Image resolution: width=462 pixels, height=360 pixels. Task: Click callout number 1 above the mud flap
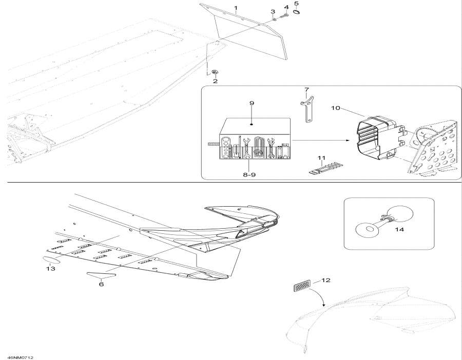point(236,8)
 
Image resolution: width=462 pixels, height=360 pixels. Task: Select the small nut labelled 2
point(215,72)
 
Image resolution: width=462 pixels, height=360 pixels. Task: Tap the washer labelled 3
point(274,19)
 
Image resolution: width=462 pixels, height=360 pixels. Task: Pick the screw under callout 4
point(284,15)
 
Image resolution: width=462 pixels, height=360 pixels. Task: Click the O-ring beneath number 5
point(297,12)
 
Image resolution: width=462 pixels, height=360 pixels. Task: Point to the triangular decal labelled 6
point(101,275)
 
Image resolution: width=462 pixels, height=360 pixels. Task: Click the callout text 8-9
point(249,174)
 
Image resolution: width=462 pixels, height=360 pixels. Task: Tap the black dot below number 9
point(252,125)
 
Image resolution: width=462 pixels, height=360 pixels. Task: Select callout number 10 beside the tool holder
point(335,108)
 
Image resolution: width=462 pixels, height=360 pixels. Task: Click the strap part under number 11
point(325,167)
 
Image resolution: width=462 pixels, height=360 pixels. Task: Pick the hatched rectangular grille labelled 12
point(302,285)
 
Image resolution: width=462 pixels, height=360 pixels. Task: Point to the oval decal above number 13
point(52,259)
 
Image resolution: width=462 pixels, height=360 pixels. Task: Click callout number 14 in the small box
point(399,229)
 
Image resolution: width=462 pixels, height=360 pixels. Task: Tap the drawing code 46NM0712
point(21,357)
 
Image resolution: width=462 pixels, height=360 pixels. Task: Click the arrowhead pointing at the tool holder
point(349,141)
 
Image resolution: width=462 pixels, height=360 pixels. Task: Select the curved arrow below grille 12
point(319,297)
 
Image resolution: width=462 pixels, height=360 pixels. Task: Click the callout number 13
point(50,268)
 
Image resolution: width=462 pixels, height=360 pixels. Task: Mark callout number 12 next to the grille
point(325,280)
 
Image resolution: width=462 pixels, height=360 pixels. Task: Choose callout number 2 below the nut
point(216,81)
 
